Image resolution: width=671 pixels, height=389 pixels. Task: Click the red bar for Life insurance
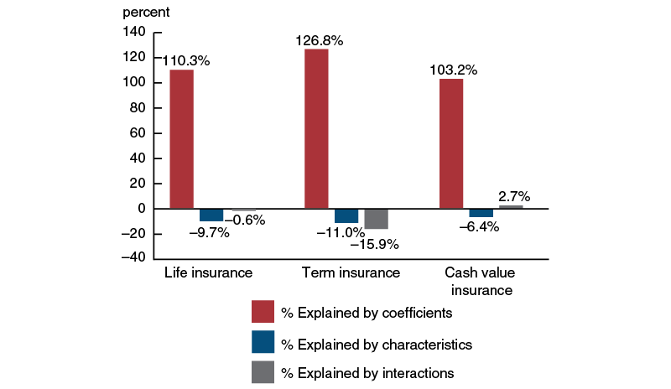tap(181, 138)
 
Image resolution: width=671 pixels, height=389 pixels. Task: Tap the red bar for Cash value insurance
tap(451, 143)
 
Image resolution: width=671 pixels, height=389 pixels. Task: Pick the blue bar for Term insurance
tap(346, 215)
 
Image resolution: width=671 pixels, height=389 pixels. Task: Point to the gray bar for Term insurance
tap(376, 218)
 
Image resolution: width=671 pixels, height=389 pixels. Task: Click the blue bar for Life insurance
tap(211, 215)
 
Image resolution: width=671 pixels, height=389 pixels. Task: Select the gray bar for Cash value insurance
tap(511, 206)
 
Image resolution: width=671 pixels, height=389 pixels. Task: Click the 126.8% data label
tap(319, 40)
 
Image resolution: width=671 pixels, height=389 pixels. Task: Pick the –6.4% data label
tap(478, 226)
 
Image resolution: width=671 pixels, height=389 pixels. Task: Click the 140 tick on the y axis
tap(133, 32)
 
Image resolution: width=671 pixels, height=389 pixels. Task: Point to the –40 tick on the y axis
tap(131, 258)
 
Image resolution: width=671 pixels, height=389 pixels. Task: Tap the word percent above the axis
tap(146, 13)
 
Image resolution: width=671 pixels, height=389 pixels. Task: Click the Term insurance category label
tap(351, 273)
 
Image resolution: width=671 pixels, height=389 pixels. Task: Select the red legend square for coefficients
tap(263, 311)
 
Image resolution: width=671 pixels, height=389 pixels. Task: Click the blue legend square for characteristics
tap(263, 342)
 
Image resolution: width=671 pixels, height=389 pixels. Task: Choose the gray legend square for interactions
tap(263, 371)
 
